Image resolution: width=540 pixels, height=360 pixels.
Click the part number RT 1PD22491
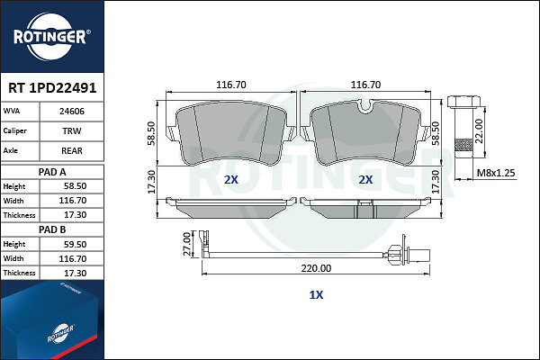pyautogui.click(x=52, y=88)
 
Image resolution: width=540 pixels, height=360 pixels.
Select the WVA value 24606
pyautogui.click(x=72, y=112)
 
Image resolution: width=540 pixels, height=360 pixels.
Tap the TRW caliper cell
pyautogui.click(x=72, y=130)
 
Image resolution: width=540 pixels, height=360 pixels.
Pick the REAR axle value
pyautogui.click(x=72, y=150)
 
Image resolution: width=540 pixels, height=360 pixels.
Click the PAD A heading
pyautogui.click(x=52, y=172)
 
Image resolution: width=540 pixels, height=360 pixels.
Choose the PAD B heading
pyautogui.click(x=52, y=229)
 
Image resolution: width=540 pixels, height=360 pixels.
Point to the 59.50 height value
pyautogui.click(x=75, y=244)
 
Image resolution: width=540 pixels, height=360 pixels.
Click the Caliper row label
pyautogui.click(x=14, y=130)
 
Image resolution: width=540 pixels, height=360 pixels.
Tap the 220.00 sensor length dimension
pyautogui.click(x=316, y=268)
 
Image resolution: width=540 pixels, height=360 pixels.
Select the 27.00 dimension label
pyautogui.click(x=186, y=244)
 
